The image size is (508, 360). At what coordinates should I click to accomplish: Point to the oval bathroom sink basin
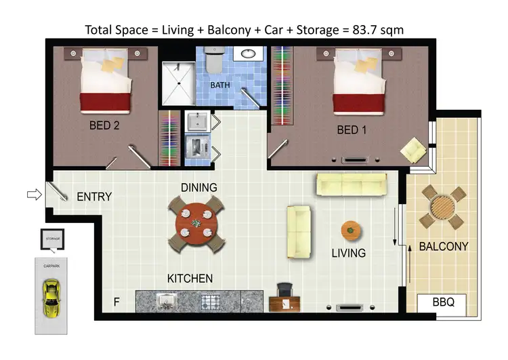click(x=248, y=54)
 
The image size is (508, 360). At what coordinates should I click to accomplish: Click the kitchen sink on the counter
click(x=165, y=300)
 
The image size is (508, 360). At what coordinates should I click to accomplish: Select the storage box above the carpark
click(x=52, y=239)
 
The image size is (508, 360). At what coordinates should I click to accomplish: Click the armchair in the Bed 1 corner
click(x=412, y=149)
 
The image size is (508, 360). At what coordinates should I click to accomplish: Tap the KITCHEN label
click(x=190, y=279)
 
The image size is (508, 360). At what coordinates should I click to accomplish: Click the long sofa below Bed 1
click(x=352, y=183)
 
